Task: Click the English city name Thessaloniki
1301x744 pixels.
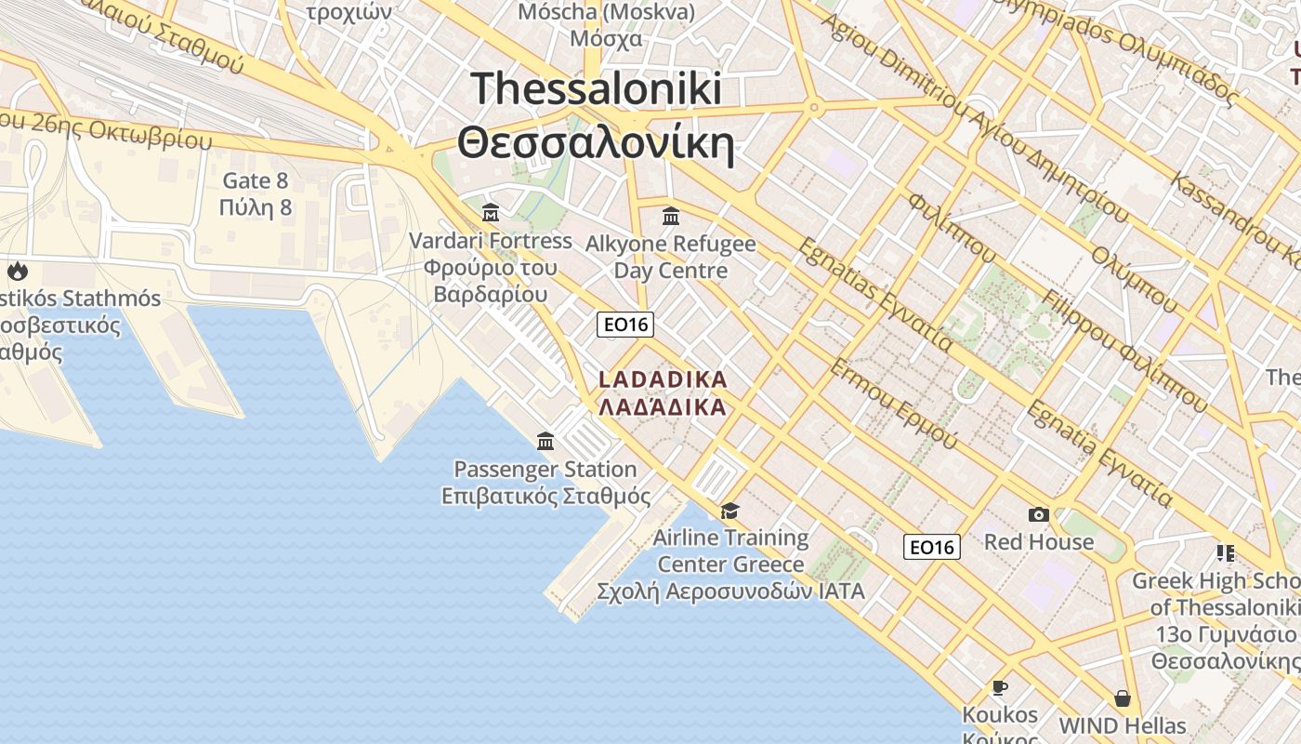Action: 596,89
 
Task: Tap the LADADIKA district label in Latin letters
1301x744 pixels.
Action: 663,379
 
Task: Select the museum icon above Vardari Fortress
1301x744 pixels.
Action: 491,212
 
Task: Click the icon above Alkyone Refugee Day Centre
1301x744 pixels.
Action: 670,217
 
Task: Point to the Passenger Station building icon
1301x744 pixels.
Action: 545,441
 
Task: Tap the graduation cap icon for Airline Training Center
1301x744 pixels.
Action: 729,511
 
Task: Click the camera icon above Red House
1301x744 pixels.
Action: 1038,514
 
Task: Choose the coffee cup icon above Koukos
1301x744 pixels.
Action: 999,687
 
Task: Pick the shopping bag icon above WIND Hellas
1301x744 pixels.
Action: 1123,697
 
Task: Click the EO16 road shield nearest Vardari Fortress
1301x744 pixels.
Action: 625,325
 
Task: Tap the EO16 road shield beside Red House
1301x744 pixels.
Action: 932,547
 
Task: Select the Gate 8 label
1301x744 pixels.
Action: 256,180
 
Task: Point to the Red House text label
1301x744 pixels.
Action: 1039,541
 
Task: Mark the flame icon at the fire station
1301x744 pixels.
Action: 17,272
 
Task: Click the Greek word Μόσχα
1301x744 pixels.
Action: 606,39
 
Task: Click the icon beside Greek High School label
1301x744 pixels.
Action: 1225,553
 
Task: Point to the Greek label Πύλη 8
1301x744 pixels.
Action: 256,207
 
